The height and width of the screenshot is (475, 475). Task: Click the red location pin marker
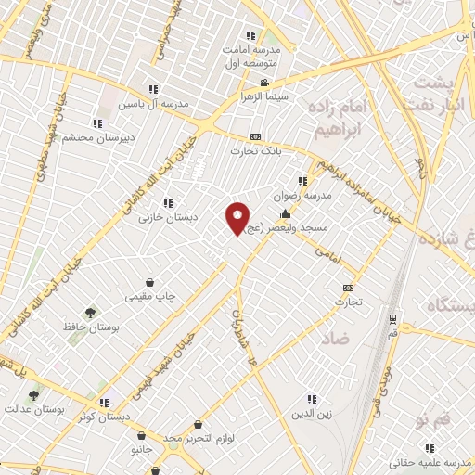tap(237, 218)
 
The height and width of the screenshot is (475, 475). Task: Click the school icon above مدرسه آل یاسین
tap(153, 89)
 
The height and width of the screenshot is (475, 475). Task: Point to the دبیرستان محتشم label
tap(96, 137)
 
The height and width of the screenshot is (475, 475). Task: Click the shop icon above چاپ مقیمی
tap(149, 282)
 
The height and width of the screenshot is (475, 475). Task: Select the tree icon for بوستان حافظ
tap(90, 314)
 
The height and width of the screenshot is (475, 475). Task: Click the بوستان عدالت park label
tap(32, 409)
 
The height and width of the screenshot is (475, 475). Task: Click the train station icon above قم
tap(393, 319)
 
